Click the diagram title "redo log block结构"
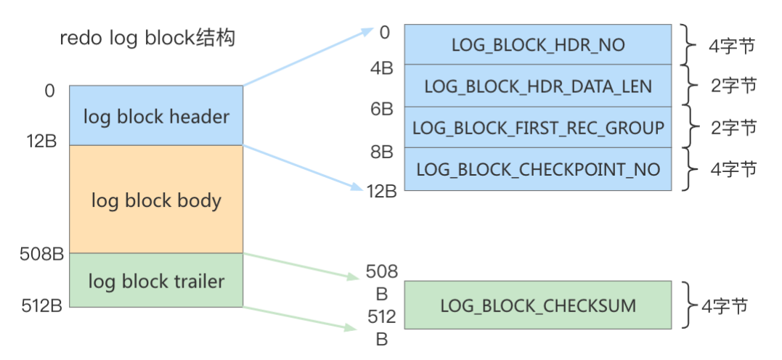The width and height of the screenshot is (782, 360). tap(147, 38)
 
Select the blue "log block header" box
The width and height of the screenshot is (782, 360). tap(156, 115)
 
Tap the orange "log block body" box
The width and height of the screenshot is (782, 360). tap(156, 200)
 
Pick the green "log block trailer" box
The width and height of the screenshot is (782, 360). tap(156, 280)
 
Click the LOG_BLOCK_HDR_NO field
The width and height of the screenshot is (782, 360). tap(537, 44)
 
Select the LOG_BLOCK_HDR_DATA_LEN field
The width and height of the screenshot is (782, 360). tap(537, 86)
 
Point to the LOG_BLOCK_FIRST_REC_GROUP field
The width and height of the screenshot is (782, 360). tap(537, 128)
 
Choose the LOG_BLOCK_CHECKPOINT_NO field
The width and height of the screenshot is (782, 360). tap(537, 169)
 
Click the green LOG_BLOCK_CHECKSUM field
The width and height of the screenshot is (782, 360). tap(537, 305)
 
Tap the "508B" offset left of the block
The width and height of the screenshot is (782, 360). tap(42, 254)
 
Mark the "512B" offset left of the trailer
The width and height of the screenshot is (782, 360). tap(42, 306)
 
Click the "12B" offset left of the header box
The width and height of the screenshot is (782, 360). tap(42, 142)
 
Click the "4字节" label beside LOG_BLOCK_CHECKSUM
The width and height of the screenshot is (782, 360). tap(724, 306)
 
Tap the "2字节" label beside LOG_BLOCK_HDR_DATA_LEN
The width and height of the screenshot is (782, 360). tap(734, 86)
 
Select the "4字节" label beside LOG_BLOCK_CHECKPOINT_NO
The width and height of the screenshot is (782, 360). tap(734, 170)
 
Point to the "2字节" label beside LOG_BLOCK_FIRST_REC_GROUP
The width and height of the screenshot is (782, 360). tap(734, 128)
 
